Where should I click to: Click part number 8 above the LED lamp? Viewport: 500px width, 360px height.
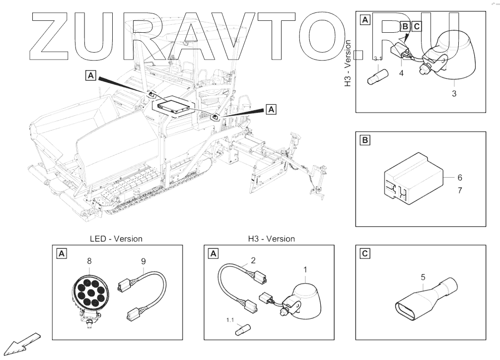pyautogui.click(x=89, y=260)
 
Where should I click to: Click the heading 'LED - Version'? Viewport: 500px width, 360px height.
pyautogui.click(x=116, y=239)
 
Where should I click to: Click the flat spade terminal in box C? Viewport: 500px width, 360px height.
pyautogui.click(x=422, y=303)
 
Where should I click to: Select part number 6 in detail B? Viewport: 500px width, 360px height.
pyautogui.click(x=460, y=177)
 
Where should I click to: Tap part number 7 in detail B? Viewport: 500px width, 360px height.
pyautogui.click(x=460, y=190)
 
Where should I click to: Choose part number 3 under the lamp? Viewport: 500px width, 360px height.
pyautogui.click(x=454, y=93)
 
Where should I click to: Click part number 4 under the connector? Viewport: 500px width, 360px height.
pyautogui.click(x=401, y=73)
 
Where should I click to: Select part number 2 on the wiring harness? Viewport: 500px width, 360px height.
pyautogui.click(x=253, y=260)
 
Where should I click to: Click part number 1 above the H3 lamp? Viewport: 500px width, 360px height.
pyautogui.click(x=305, y=270)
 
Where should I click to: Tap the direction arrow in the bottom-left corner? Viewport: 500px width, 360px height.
pyautogui.click(x=23, y=343)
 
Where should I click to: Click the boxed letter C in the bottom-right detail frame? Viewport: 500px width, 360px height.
pyautogui.click(x=365, y=254)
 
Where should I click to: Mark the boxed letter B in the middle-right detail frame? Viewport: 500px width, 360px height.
pyautogui.click(x=365, y=141)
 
